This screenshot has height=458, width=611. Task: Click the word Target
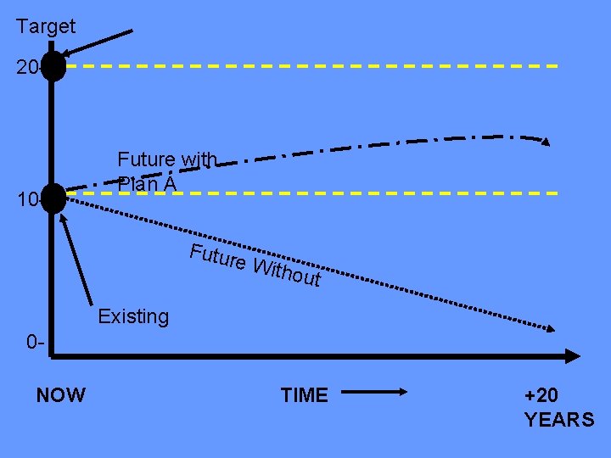click(x=46, y=27)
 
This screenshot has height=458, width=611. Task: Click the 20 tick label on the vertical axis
click(x=25, y=67)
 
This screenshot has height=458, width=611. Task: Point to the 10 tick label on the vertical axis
click(x=25, y=201)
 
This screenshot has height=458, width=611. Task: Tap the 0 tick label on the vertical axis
click(x=34, y=343)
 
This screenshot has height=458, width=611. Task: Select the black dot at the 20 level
click(x=53, y=66)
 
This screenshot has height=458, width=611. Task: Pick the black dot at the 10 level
click(x=53, y=198)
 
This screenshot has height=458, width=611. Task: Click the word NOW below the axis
click(x=61, y=395)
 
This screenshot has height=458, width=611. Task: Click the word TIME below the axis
click(x=304, y=395)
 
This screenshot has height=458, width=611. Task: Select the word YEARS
click(x=559, y=420)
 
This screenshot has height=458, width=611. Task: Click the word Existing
click(x=133, y=317)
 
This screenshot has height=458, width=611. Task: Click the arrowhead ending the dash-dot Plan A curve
click(x=546, y=141)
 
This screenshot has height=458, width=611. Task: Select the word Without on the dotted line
click(x=288, y=271)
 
